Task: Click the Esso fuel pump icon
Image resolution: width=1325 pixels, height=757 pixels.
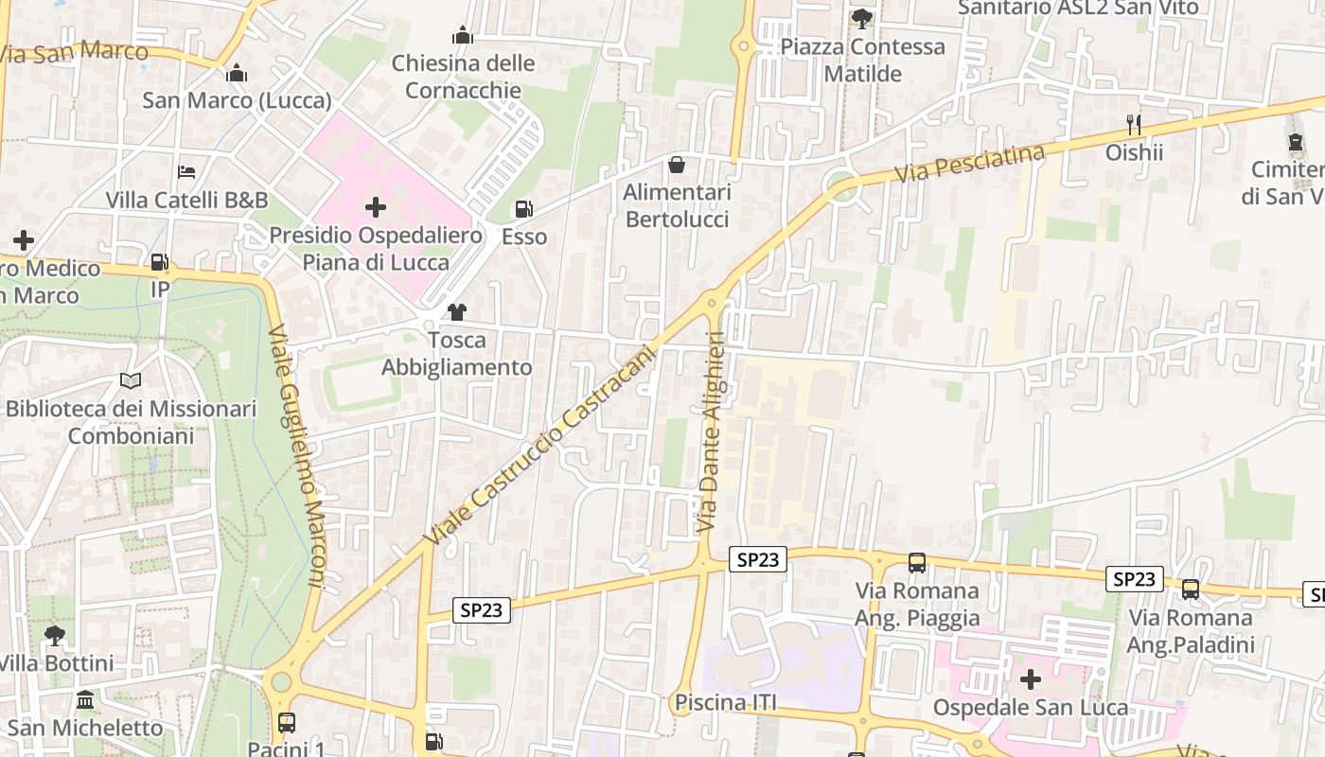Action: tap(523, 209)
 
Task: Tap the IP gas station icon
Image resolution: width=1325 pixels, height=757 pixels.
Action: tap(160, 262)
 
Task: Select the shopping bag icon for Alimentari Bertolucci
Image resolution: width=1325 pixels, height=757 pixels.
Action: tap(677, 166)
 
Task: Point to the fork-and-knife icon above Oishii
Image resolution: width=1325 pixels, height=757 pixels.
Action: tap(1134, 124)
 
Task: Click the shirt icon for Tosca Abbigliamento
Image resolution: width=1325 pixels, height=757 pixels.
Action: tap(457, 312)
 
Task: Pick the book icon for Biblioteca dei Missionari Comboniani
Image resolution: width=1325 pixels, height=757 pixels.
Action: tap(131, 381)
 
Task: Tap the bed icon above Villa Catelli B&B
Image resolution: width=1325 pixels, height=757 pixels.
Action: tap(187, 172)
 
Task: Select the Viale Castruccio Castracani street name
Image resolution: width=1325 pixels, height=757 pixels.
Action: tap(539, 445)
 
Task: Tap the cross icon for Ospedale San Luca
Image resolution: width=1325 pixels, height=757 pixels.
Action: tap(1031, 679)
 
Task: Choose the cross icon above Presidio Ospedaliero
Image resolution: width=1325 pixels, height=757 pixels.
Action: tap(376, 207)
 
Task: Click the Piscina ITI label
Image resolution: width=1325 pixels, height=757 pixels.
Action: tap(725, 703)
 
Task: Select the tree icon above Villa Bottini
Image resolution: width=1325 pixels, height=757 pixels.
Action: tap(55, 635)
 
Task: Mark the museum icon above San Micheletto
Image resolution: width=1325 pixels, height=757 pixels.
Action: tap(85, 700)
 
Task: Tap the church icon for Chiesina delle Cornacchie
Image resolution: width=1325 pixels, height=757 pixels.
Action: tap(463, 36)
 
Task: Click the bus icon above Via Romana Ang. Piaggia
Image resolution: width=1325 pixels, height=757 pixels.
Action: tap(917, 563)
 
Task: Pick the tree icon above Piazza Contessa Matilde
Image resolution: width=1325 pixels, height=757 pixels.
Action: tap(862, 18)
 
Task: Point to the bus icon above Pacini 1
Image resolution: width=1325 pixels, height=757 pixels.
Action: tap(287, 723)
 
